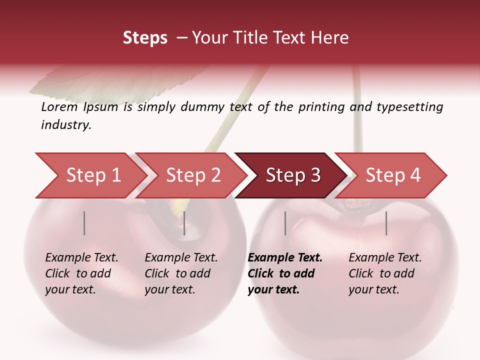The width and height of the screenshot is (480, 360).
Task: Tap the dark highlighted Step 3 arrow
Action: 293,175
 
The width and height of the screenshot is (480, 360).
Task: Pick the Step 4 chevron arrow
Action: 393,175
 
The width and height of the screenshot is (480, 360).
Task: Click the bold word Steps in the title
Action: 145,38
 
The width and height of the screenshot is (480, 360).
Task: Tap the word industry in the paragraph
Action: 66,125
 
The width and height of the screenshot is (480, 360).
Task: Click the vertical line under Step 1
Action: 84,223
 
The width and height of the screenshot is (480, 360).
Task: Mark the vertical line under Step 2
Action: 184,223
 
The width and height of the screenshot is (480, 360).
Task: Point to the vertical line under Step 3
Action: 285,223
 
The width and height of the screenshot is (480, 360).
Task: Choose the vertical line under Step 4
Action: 386,223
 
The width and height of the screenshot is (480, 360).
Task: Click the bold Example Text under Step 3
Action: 285,258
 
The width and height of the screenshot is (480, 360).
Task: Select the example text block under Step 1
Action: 81,273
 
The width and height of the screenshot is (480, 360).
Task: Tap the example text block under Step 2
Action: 181,273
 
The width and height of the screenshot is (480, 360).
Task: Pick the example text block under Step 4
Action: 385,273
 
